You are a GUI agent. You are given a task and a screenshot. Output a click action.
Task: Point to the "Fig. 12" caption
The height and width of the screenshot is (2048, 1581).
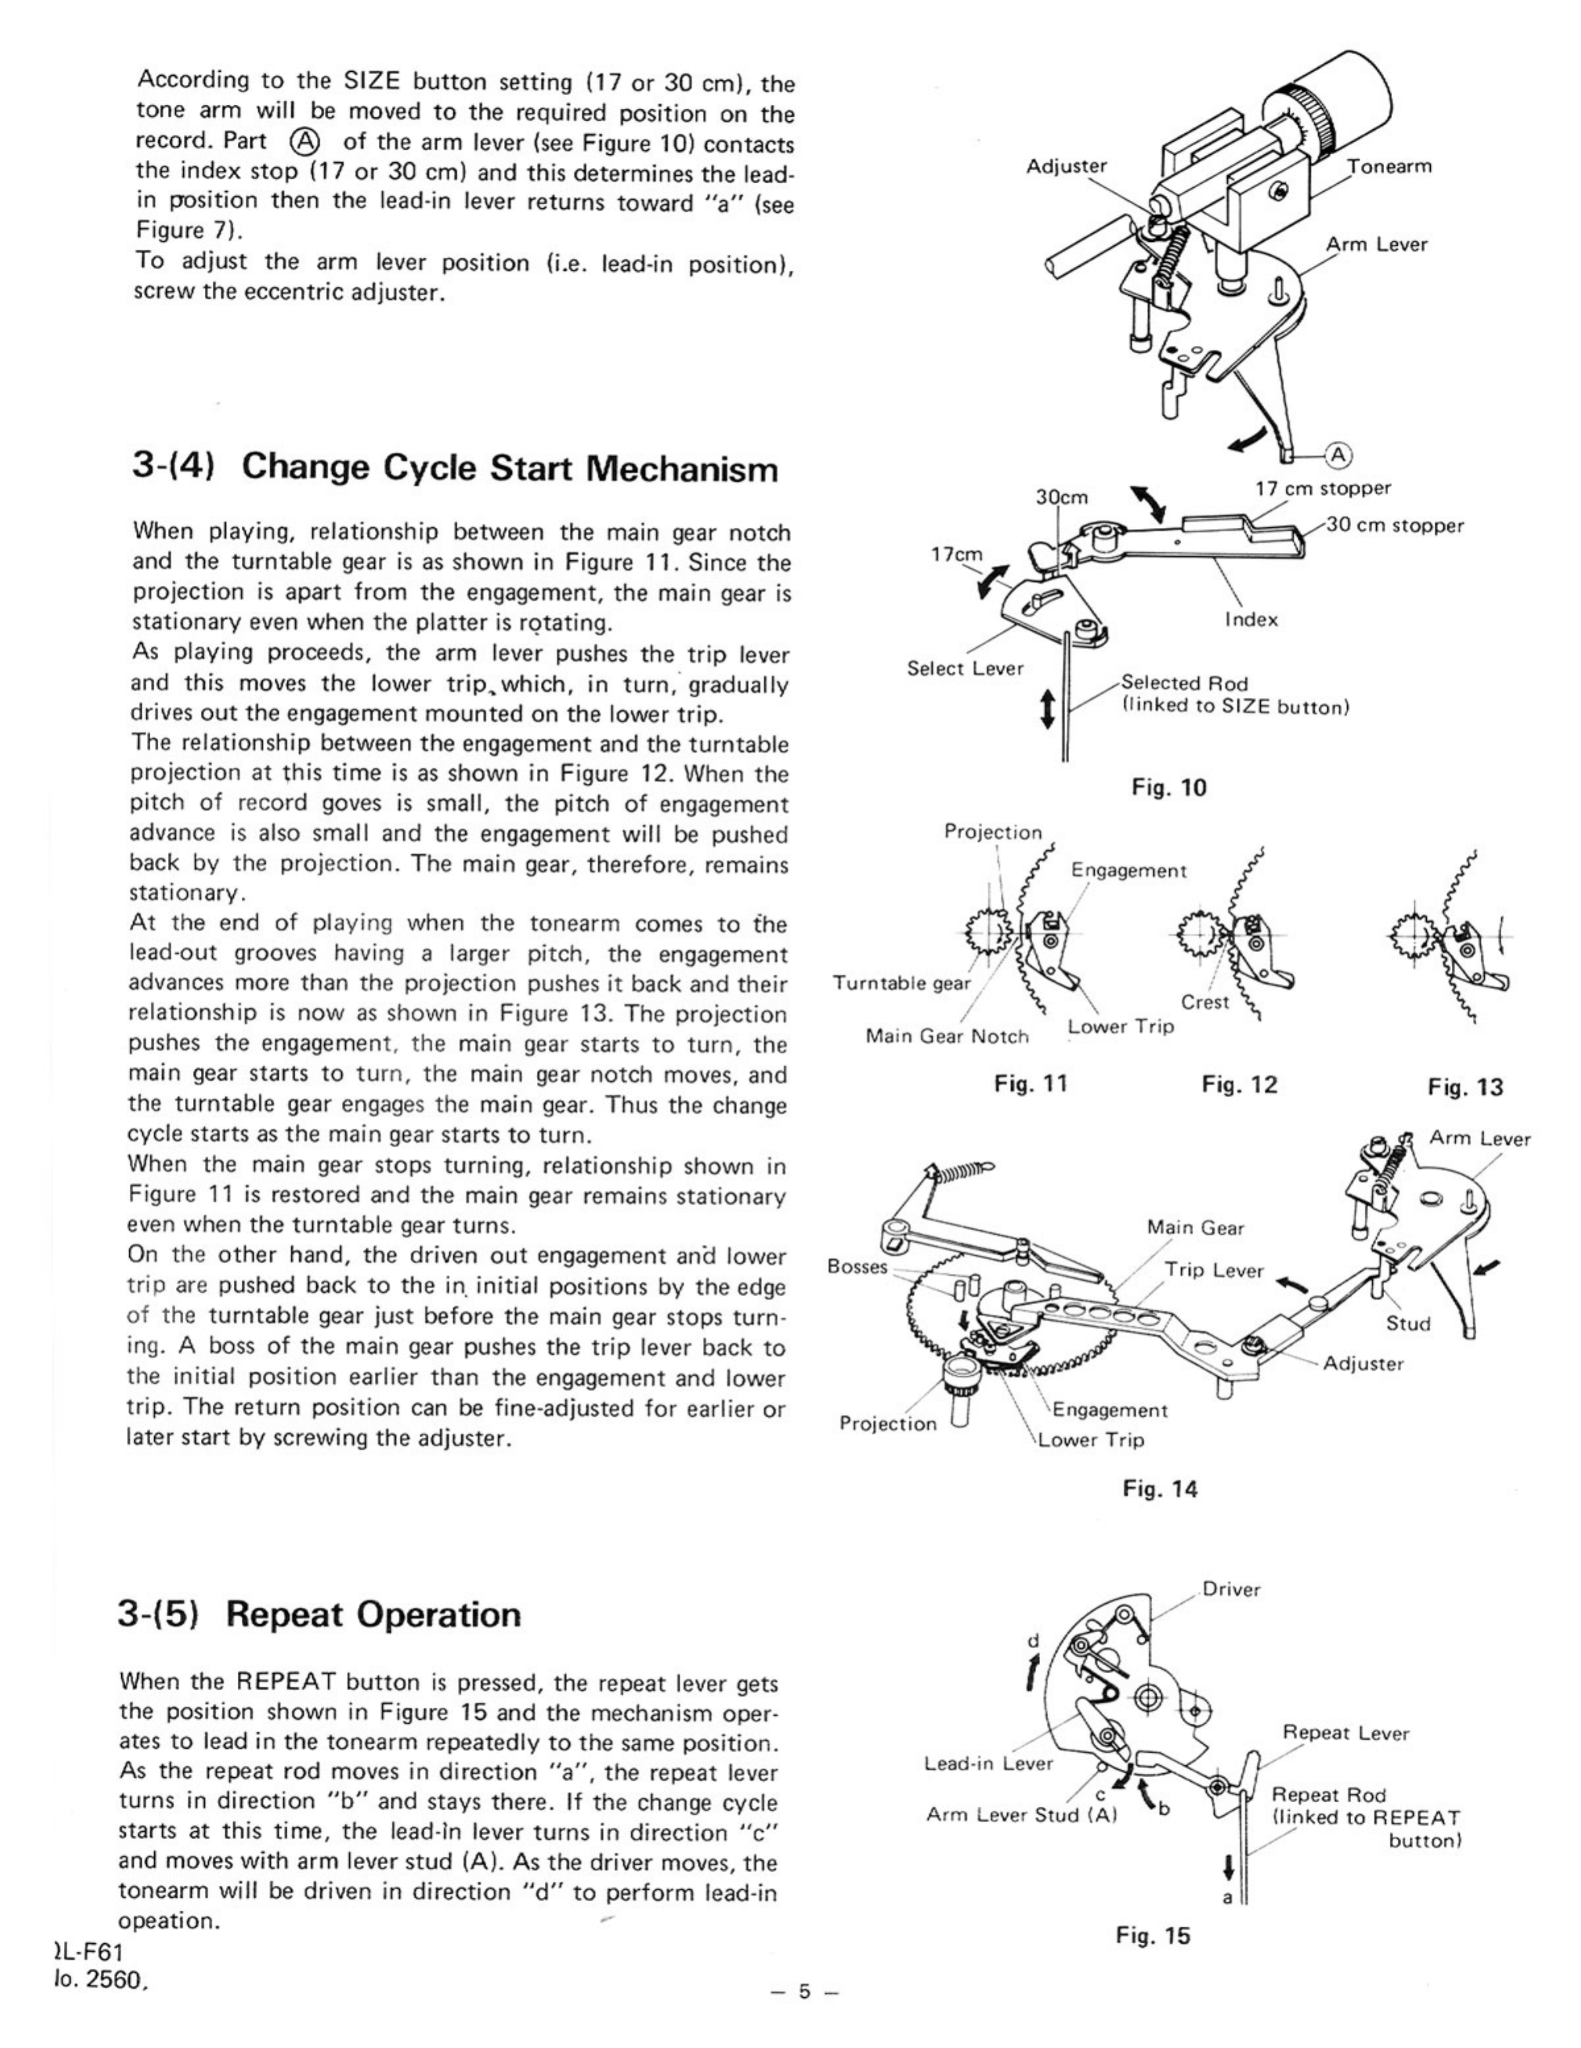(1238, 1085)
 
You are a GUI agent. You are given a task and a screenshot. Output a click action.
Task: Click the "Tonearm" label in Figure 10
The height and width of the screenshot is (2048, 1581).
(1389, 167)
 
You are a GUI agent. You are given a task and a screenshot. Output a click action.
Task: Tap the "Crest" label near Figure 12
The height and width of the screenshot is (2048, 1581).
(1205, 1002)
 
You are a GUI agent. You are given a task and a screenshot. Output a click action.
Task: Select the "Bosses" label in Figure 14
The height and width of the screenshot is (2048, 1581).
(857, 1266)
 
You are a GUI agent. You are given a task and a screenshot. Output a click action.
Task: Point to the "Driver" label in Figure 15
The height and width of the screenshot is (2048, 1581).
(1231, 1589)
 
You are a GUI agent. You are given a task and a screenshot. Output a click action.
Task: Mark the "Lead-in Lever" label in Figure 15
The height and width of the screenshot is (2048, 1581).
(988, 1763)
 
